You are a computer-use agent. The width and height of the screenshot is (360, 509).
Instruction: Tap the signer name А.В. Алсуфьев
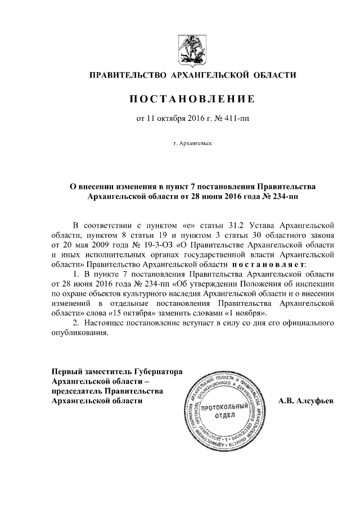(x=307, y=401)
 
